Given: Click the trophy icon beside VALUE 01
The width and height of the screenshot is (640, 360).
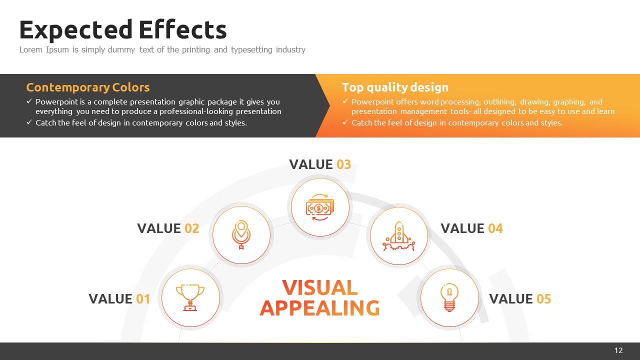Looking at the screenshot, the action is pos(190,297).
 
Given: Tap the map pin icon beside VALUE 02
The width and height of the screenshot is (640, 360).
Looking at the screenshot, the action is pos(241,234).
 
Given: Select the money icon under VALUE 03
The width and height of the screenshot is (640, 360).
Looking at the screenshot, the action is pos(320,207).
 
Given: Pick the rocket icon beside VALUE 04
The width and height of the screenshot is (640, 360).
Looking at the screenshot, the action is pos(399,236).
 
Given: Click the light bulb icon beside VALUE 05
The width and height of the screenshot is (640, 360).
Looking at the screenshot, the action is pos(449,297).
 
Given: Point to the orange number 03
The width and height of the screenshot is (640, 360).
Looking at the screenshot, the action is pos(343,164).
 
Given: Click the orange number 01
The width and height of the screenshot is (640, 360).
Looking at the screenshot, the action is pos(143,299).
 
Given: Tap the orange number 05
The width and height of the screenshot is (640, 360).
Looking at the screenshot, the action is pos(543,299).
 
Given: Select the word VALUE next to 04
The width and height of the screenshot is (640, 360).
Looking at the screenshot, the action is pos(462,228).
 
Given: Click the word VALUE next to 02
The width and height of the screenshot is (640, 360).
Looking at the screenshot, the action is pos(159,228).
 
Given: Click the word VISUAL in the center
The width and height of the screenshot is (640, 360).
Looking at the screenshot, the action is pos(320,287).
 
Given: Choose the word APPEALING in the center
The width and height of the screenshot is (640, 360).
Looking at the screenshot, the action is pos(320,308).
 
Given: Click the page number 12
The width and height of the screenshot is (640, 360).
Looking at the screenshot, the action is pos(618,350).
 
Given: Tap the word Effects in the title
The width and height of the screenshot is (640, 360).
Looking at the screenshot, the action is pos(183,29).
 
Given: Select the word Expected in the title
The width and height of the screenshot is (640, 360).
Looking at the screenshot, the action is pos(76,31).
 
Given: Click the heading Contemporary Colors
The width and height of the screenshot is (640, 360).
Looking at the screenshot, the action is pos(88,87).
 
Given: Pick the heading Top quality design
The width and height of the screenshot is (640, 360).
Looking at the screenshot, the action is pos(395,87).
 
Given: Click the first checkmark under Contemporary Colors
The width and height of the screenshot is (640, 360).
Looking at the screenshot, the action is pos(29,101).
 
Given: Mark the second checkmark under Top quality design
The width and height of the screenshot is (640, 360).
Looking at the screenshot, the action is pos(345,122).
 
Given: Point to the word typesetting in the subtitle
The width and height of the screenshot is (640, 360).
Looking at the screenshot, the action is pos(251,50).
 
